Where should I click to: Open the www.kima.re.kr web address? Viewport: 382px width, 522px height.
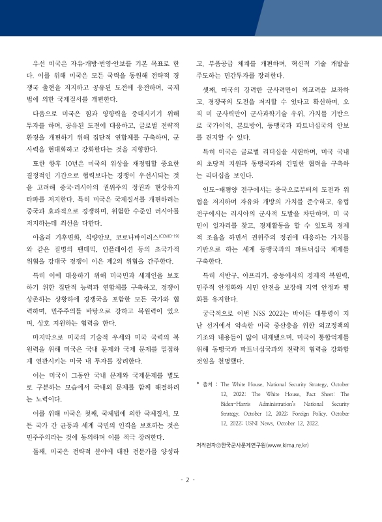285,445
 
